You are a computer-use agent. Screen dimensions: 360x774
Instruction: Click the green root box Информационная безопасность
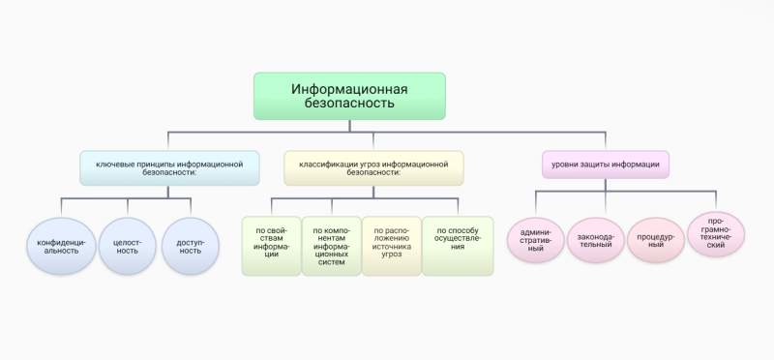349,95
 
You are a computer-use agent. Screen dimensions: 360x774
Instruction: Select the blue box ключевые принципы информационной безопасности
168,167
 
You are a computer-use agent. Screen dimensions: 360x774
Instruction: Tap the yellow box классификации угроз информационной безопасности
373,167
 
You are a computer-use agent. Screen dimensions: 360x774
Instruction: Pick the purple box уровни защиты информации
605,165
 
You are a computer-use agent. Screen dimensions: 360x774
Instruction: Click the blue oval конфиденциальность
63,246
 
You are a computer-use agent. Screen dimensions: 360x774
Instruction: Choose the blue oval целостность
128,246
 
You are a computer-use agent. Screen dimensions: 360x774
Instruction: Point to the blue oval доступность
191,246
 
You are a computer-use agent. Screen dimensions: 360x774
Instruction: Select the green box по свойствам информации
270,246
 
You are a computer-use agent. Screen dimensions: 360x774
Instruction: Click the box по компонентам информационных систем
331,246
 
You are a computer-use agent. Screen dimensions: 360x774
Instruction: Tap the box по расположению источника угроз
392,246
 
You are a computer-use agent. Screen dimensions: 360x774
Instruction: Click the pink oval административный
535,240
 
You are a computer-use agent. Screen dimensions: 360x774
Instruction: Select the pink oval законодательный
594,240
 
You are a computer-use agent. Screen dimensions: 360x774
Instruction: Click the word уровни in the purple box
566,165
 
